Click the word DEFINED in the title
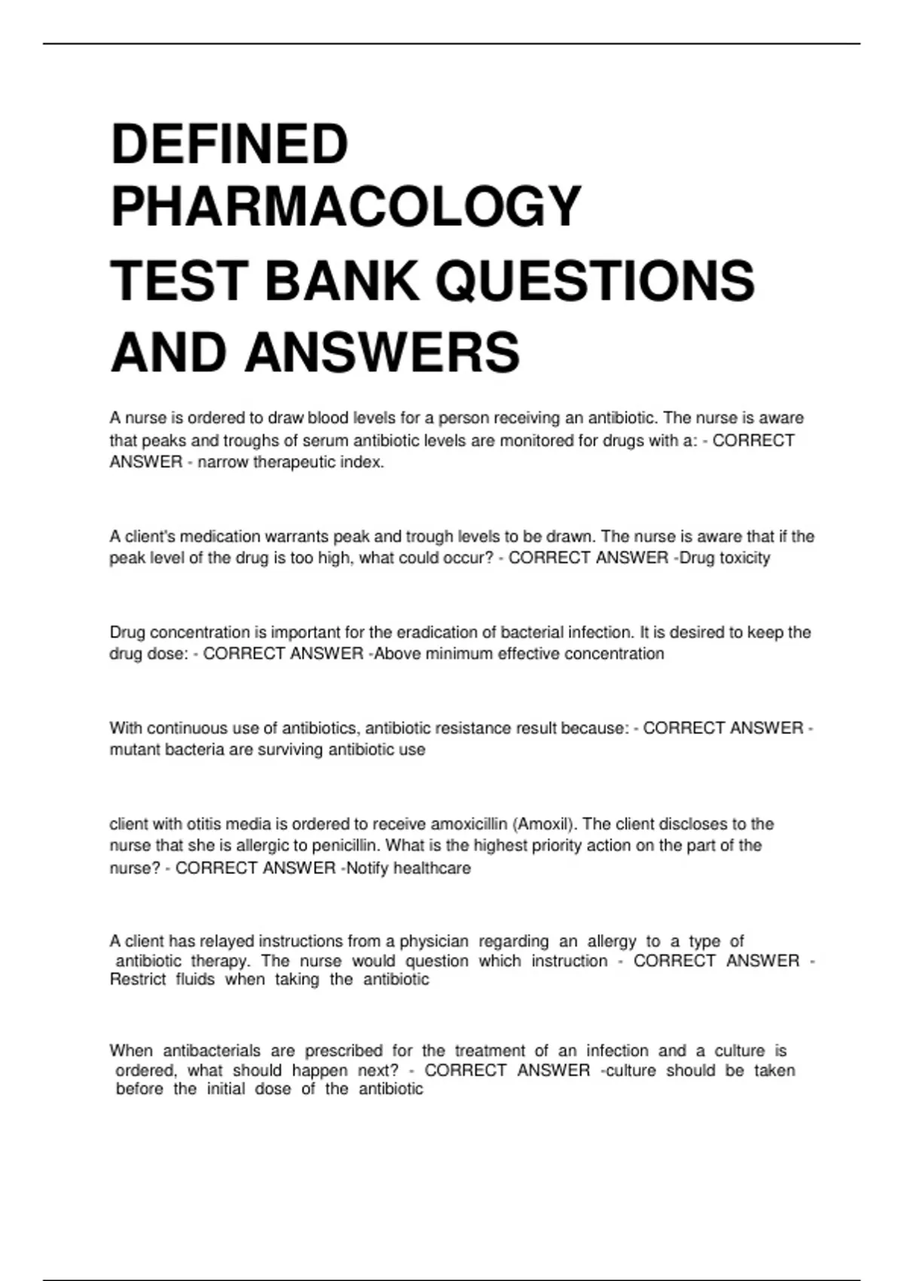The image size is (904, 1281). coord(229,144)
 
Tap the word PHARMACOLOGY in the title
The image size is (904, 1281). coord(346,206)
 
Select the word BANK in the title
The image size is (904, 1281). coord(341,280)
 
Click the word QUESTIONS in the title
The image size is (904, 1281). coord(594,280)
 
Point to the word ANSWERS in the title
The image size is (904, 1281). coord(382,352)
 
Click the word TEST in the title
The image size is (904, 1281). coord(179,280)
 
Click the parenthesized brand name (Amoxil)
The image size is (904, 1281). coord(542,824)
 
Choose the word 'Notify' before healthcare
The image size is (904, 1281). coord(368,868)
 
